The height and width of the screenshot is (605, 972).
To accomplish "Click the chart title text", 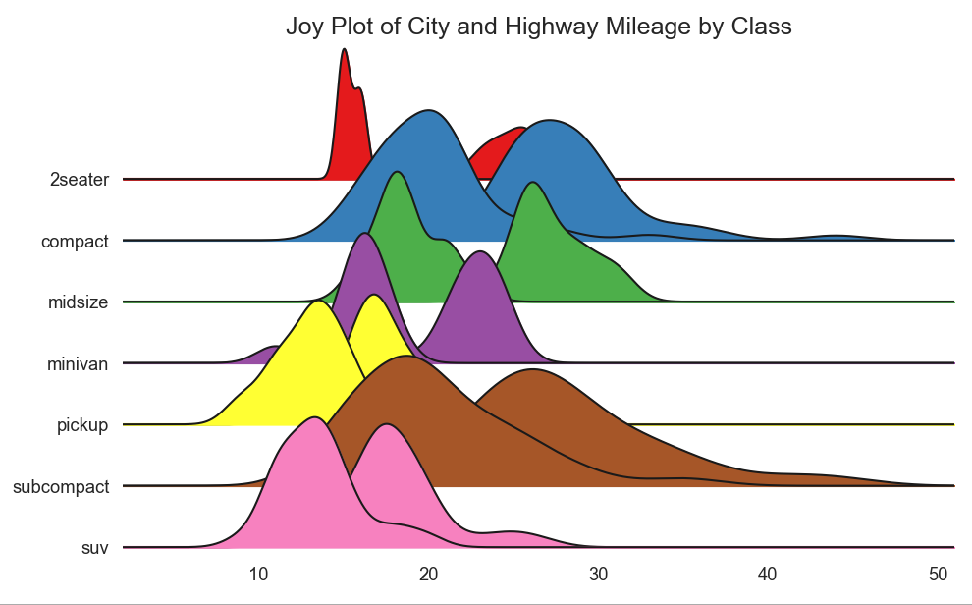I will (x=538, y=27).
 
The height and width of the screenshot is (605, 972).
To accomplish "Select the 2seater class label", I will (x=80, y=180).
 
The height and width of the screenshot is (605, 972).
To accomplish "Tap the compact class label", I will (x=75, y=241).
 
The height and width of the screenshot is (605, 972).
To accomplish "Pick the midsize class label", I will (x=78, y=302).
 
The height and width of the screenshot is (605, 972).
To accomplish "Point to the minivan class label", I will (x=78, y=364).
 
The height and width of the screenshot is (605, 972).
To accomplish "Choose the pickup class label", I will (x=81, y=425).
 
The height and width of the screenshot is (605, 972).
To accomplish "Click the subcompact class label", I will (x=61, y=486).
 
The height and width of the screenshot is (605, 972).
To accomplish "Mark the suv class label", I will (x=95, y=547).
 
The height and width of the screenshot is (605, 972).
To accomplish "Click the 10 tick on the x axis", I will (x=258, y=574).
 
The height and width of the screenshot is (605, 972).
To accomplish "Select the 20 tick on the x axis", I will (x=428, y=574).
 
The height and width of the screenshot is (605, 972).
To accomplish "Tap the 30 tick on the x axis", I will (x=598, y=574).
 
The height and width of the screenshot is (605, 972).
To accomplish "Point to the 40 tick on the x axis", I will (x=768, y=574).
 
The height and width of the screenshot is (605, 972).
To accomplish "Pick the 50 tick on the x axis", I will (x=938, y=574).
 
